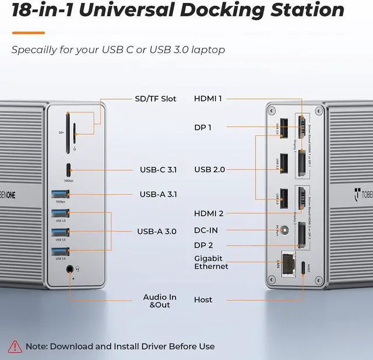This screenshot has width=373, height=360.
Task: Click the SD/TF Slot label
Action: (x=156, y=99)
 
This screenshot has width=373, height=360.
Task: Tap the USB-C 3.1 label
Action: (x=158, y=170)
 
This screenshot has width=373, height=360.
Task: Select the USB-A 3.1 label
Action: (x=158, y=194)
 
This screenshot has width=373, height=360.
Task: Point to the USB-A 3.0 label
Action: (x=157, y=232)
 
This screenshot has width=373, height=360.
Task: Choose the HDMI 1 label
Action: (x=208, y=99)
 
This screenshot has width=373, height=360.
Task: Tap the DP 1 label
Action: (x=203, y=127)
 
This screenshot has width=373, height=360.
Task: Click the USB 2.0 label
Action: (x=210, y=170)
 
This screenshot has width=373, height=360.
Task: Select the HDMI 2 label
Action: (x=209, y=214)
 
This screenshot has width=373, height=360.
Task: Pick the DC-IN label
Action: (x=206, y=230)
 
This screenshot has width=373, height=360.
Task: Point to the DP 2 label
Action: (x=203, y=245)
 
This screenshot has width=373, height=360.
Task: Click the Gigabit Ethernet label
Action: (x=212, y=263)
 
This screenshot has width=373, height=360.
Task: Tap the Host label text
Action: (x=203, y=300)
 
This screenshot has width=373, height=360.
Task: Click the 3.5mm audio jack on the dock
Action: (x=71, y=269)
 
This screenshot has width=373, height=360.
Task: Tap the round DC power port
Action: (x=284, y=231)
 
